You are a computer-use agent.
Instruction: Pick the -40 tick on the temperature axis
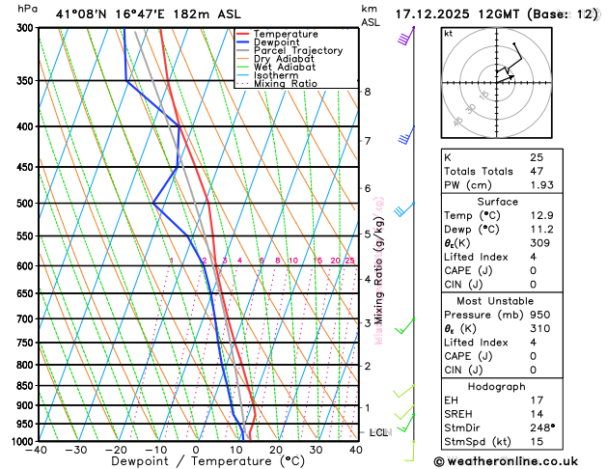click(38, 450)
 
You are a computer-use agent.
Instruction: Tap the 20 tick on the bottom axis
click(276, 450)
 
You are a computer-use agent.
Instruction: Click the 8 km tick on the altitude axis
click(367, 92)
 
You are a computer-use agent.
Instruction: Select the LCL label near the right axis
click(378, 432)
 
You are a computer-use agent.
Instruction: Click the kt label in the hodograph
click(448, 33)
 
